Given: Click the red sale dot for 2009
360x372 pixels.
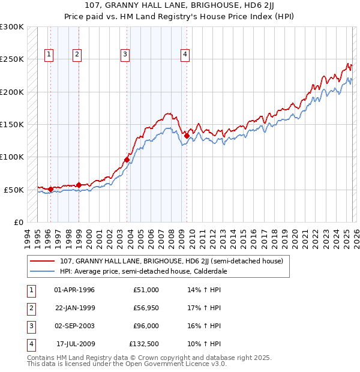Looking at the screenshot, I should (187, 136).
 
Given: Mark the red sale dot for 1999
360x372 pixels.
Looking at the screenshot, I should (79, 185).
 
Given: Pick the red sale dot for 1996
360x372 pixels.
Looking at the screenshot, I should (50, 189).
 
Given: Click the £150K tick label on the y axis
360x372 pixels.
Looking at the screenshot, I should (12, 124).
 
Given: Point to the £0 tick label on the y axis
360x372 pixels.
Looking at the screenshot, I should (18, 222).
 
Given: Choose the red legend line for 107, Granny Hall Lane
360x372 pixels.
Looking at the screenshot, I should (42, 261).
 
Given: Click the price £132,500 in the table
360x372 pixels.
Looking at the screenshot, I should (144, 344).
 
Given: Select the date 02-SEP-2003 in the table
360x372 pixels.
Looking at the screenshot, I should (74, 326).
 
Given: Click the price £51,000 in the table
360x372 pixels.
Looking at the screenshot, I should (146, 290).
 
